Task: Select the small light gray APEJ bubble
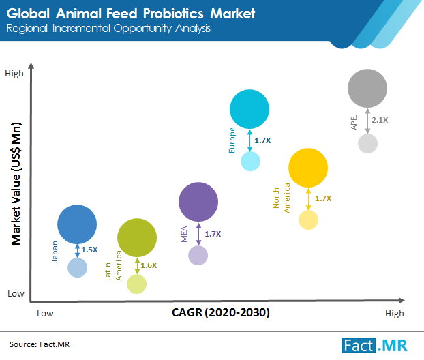tap(367, 143)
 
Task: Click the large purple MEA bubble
tap(198, 201)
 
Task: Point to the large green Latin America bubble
tap(137, 237)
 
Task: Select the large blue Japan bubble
tap(77, 224)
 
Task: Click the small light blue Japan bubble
tap(78, 267)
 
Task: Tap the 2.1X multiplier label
tap(380, 120)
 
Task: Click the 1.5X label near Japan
tap(89, 250)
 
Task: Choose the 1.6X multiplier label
tap(149, 265)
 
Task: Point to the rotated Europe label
tap(232, 140)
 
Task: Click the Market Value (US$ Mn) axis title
tap(15, 183)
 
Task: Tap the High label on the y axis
tap(14, 73)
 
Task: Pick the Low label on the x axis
tap(46, 314)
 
